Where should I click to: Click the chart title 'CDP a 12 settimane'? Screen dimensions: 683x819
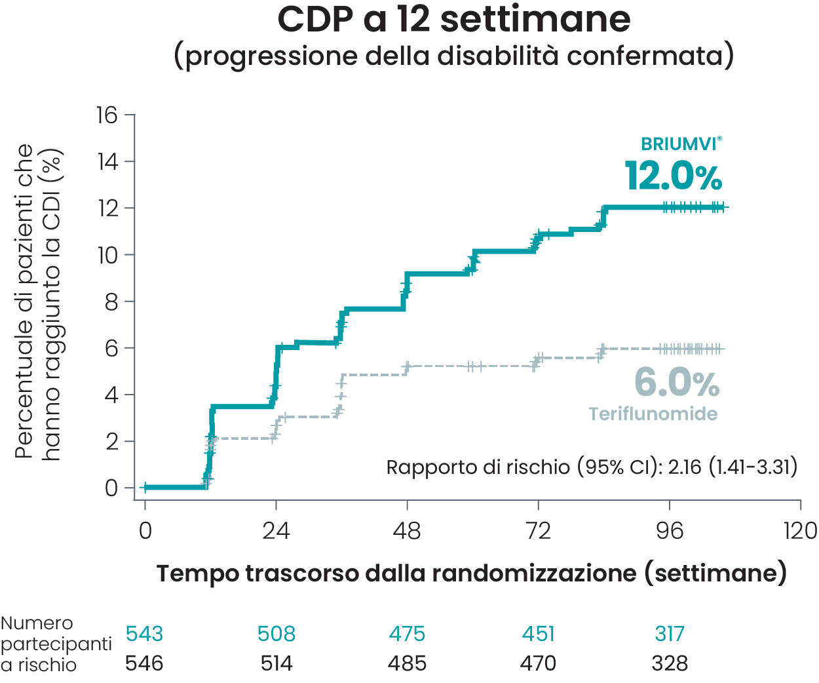pyautogui.click(x=453, y=20)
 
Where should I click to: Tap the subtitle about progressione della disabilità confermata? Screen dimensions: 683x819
pyautogui.click(x=453, y=56)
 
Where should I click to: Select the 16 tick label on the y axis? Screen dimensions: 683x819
pyautogui.click(x=107, y=115)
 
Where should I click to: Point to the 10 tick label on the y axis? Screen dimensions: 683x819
pyautogui.click(x=107, y=255)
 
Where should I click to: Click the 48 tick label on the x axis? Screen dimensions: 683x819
pyautogui.click(x=407, y=531)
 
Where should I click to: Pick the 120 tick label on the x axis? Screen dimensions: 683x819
pyautogui.click(x=800, y=531)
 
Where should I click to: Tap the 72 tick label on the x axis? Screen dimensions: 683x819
pyautogui.click(x=538, y=531)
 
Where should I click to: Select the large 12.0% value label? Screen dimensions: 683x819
pyautogui.click(x=674, y=176)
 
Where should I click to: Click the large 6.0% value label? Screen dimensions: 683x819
pyautogui.click(x=677, y=383)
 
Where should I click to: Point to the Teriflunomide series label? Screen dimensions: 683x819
pyautogui.click(x=653, y=414)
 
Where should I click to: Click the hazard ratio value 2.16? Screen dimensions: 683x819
pyautogui.click(x=685, y=467)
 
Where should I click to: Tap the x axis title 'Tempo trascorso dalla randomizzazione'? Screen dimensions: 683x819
pyautogui.click(x=471, y=574)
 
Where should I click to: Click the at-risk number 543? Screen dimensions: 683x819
pyautogui.click(x=144, y=634)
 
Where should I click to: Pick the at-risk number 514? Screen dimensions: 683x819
pyautogui.click(x=276, y=663)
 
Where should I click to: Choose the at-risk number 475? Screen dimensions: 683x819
pyautogui.click(x=407, y=634)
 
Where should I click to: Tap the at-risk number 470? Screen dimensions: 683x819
pyautogui.click(x=538, y=663)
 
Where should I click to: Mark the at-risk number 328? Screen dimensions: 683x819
pyautogui.click(x=670, y=663)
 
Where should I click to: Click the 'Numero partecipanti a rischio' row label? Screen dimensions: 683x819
pyautogui.click(x=56, y=644)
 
